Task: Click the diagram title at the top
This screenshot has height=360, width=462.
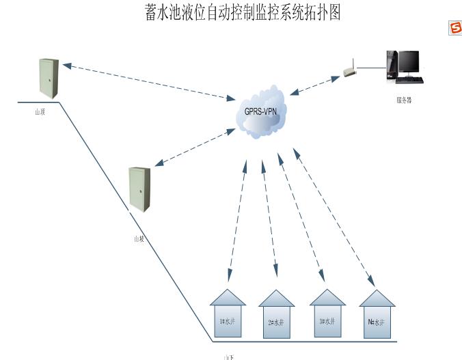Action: [x=242, y=12]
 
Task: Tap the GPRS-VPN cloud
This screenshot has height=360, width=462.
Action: [x=260, y=111]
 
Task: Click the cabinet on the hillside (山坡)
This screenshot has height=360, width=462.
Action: [x=139, y=189]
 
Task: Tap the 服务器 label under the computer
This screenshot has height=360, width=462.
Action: [x=404, y=100]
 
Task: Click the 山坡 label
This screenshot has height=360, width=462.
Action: [x=139, y=239]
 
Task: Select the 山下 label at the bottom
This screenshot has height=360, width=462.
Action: [x=229, y=357]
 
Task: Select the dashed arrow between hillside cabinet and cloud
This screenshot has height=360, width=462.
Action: [x=196, y=148]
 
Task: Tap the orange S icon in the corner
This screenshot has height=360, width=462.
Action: [x=454, y=27]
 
